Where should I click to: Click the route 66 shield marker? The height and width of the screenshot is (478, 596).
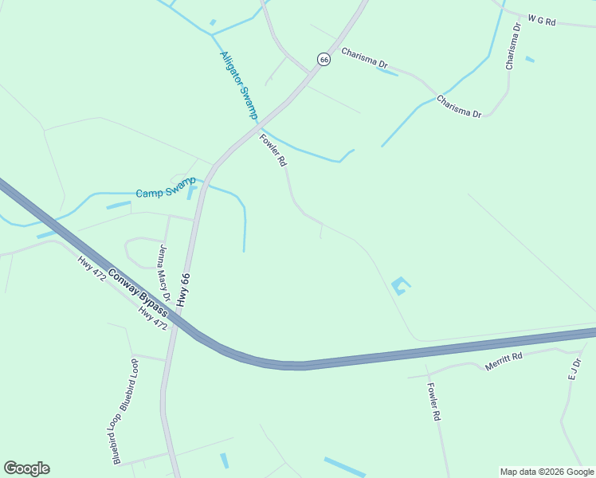(323, 59)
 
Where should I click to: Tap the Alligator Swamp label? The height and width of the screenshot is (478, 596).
(239, 85)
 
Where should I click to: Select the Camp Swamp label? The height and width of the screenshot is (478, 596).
(165, 193)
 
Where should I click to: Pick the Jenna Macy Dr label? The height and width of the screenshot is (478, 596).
(165, 272)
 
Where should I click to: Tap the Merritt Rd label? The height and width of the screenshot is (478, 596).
(504, 362)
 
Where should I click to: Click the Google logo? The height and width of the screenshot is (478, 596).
(26, 468)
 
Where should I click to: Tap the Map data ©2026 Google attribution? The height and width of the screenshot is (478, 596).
(547, 472)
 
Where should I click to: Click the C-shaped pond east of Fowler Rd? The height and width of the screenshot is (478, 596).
(399, 285)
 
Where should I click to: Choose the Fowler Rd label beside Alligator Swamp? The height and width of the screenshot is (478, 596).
(273, 150)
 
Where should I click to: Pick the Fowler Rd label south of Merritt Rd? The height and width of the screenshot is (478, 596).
(433, 402)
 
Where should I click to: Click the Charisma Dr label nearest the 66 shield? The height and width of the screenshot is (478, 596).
(364, 57)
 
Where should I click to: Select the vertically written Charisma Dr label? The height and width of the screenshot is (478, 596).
(514, 46)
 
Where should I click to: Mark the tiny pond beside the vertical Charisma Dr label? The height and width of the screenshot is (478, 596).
(530, 59)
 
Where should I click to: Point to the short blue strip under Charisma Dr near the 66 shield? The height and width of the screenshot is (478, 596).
(386, 72)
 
